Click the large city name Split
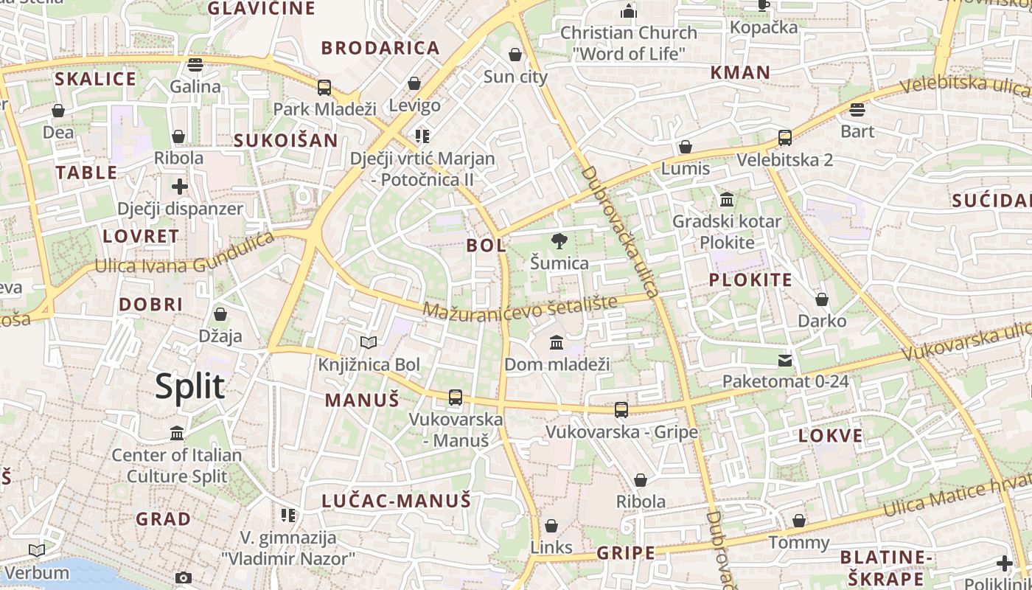pyautogui.click(x=189, y=386)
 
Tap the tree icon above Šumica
pyautogui.click(x=559, y=240)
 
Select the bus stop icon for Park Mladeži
pyautogui.click(x=324, y=88)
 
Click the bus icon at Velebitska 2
pyautogui.click(x=785, y=138)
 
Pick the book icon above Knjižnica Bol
pyautogui.click(x=369, y=342)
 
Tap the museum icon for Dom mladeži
pyautogui.click(x=557, y=342)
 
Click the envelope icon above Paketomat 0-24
pyautogui.click(x=785, y=361)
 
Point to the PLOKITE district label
pyautogui.click(x=750, y=280)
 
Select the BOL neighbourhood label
pyautogui.click(x=486, y=245)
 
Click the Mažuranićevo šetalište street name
pyautogui.click(x=520, y=306)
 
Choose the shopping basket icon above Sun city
pyautogui.click(x=515, y=55)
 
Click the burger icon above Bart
pyautogui.click(x=857, y=110)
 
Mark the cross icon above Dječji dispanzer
pyautogui.click(x=180, y=187)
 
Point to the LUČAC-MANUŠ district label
pyautogui.click(x=396, y=501)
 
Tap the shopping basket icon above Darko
pyautogui.click(x=822, y=299)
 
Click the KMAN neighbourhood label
pyautogui.click(x=739, y=72)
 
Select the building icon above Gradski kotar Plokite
pyautogui.click(x=727, y=200)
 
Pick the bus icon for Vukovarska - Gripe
pyautogui.click(x=621, y=410)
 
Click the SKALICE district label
pyautogui.click(x=96, y=79)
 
